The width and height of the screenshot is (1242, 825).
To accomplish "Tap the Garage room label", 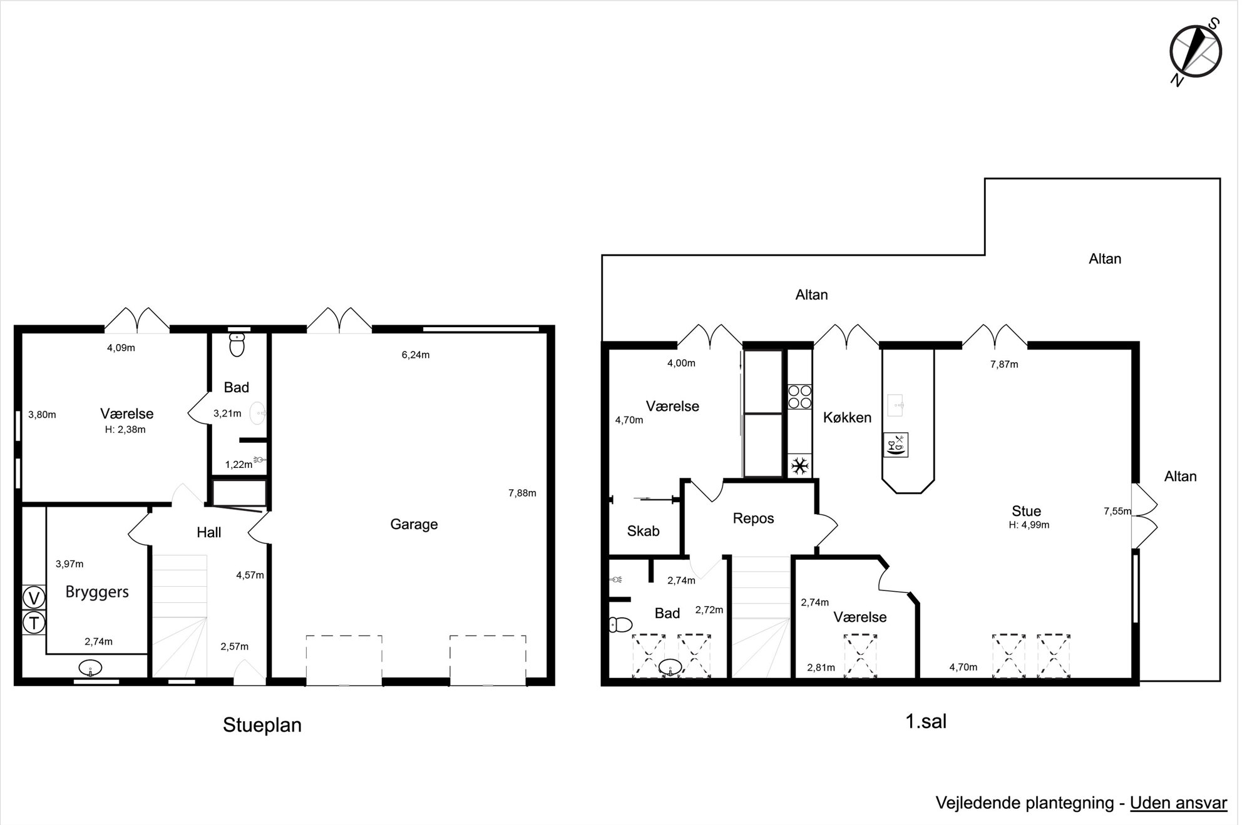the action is point(414,524).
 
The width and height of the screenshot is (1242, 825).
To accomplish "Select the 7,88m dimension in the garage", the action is point(522,493).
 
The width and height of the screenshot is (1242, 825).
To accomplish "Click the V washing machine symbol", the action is point(34,599).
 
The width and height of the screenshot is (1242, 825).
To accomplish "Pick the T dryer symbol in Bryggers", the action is point(34,623).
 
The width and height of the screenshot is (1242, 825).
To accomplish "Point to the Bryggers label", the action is point(97,592).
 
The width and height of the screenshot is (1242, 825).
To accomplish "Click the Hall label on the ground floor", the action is point(208,532).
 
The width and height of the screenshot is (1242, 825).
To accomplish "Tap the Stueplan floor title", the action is point(262,725).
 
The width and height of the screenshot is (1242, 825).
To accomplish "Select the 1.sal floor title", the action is point(926,721).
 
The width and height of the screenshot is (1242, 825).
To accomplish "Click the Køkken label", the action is point(847,417).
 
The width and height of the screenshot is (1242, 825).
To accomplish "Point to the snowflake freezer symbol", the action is point(799,466).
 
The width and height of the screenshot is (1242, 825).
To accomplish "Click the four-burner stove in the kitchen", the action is point(799,397).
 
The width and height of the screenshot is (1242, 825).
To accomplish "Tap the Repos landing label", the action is point(753,519).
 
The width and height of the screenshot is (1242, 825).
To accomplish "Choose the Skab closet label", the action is point(643,531).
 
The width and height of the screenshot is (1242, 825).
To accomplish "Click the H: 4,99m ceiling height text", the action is point(1029,525).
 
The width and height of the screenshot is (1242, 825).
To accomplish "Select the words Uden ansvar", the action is point(1178,802).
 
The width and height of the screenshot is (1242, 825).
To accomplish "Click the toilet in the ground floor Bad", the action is point(237,345).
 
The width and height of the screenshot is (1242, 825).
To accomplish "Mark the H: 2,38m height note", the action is point(125,430).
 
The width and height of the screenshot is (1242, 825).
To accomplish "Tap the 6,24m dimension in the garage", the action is point(416,355).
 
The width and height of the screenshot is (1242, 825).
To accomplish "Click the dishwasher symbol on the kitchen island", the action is point(895,445).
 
